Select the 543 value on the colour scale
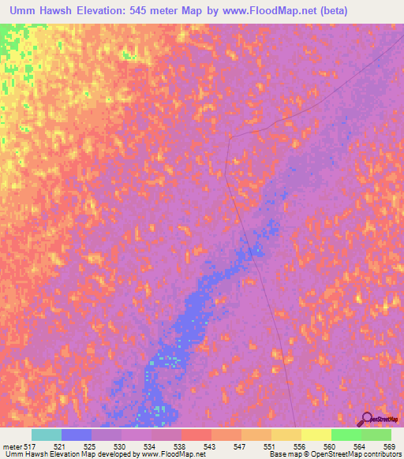(x=209, y=447)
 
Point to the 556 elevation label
(x=299, y=447)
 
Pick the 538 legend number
(x=179, y=447)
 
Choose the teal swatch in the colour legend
(x=47, y=435)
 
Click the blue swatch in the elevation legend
(x=77, y=435)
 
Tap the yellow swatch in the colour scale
(x=316, y=435)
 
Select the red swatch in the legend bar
(x=196, y=435)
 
